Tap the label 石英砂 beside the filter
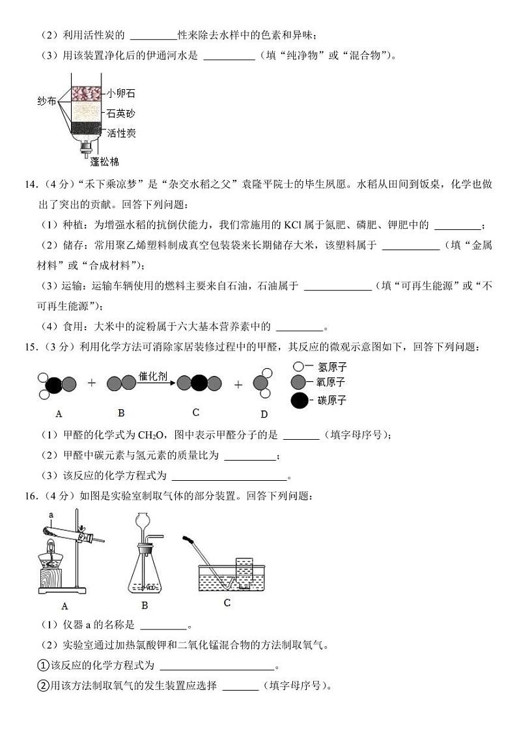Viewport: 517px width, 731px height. pos(121,113)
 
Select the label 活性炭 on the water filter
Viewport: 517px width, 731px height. pos(121,133)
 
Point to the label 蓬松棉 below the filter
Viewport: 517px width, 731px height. pos(104,161)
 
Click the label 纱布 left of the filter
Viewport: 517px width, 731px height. pos(47,102)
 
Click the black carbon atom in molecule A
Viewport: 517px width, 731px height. pos(54,384)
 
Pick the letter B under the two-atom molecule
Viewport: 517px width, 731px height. pos(121,412)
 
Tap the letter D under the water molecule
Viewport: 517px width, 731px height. pos(264,414)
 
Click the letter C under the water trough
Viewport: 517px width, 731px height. pos(227,603)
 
